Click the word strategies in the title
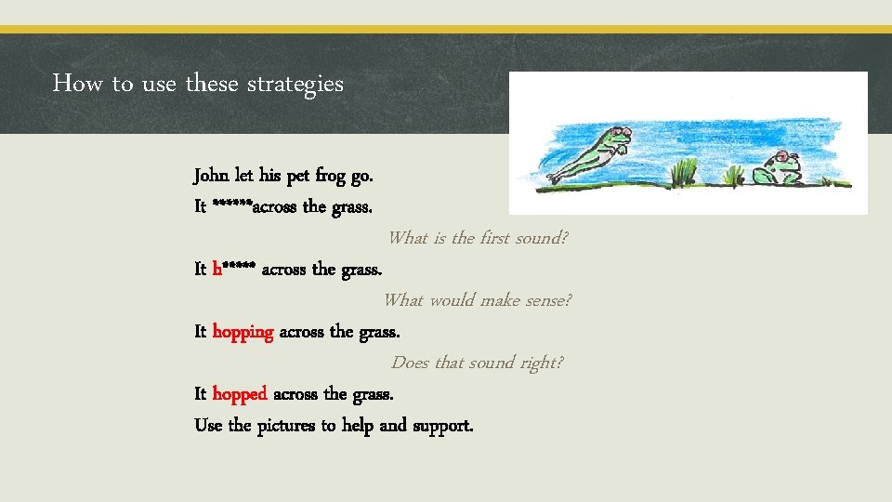(295, 84)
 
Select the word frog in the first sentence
(330, 176)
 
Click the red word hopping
(243, 332)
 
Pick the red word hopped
(240, 394)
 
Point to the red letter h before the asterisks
(216, 270)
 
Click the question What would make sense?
(478, 300)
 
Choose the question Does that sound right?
(477, 363)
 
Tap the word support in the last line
(442, 426)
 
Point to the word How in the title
(77, 84)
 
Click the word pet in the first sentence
(297, 176)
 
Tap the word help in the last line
(358, 426)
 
